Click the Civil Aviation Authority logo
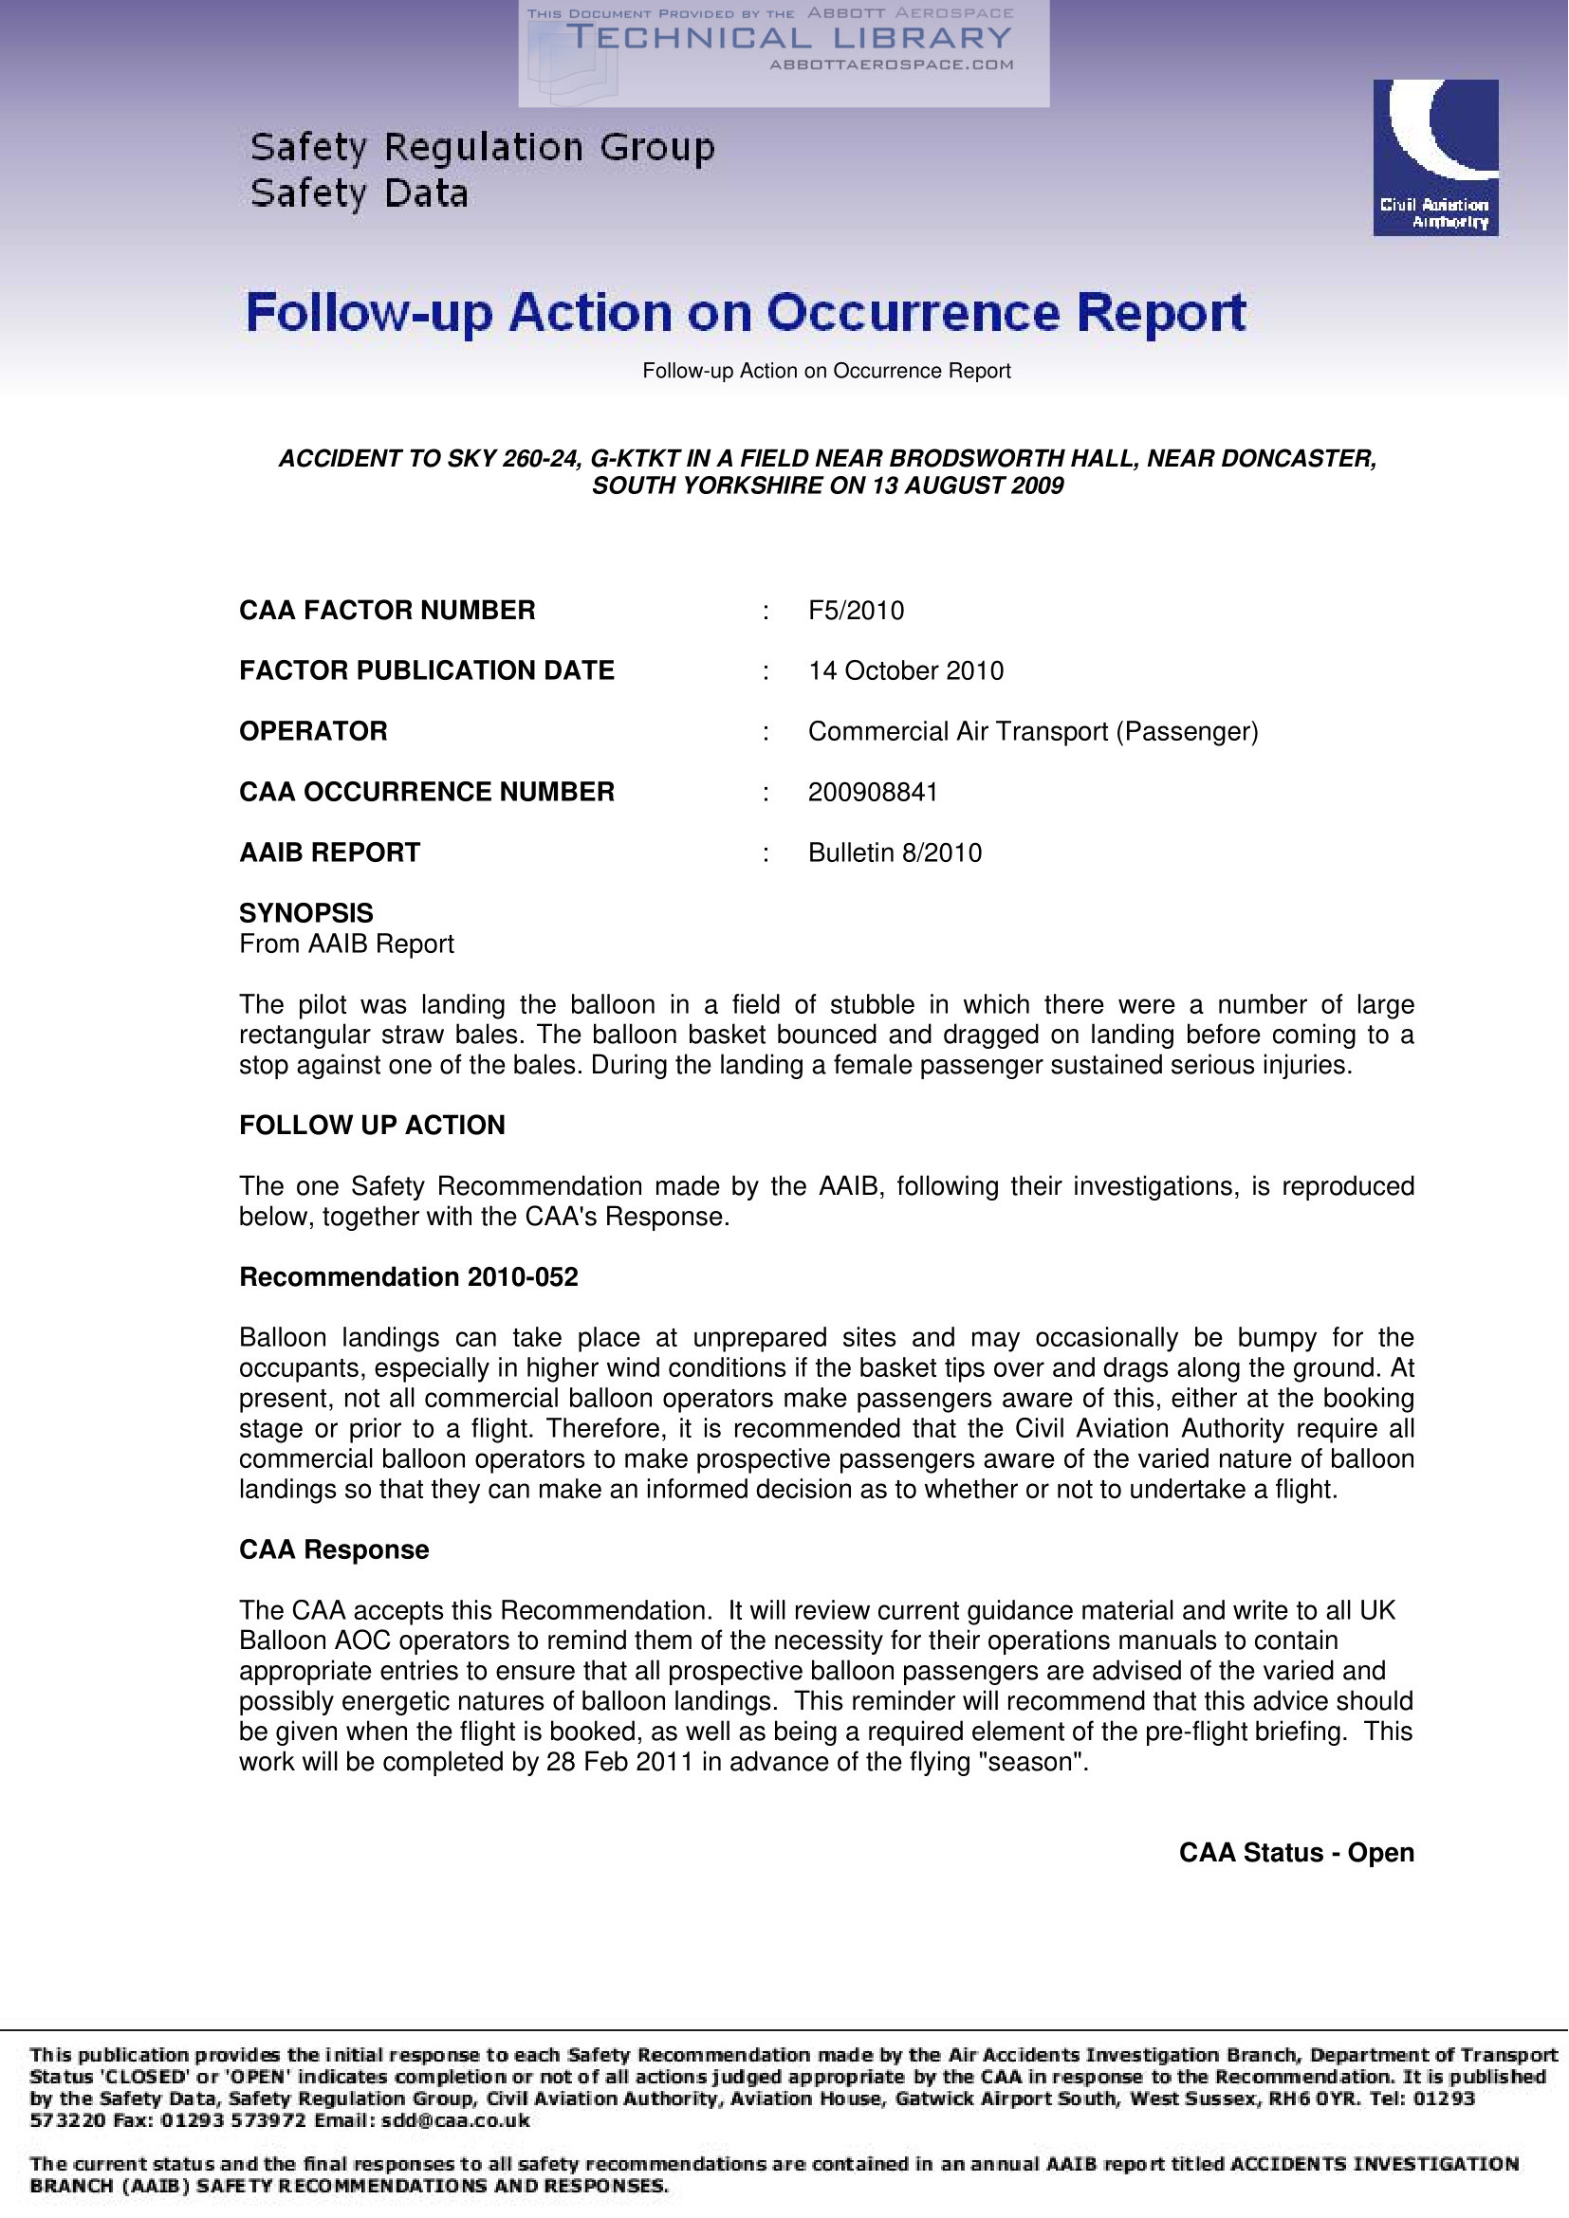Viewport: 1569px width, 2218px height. coord(1434,157)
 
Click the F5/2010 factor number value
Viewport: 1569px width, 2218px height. coord(856,611)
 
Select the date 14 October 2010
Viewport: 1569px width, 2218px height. coord(905,670)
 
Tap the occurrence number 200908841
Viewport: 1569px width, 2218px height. coord(873,792)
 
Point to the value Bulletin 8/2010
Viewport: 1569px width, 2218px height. coord(895,853)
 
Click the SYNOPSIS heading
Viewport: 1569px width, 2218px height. coord(306,913)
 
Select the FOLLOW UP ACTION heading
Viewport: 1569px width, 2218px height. coord(372,1126)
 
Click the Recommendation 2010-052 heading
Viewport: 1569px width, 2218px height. coord(409,1277)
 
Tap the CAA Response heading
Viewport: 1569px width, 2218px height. coord(334,1549)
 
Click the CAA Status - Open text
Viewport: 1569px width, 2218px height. coord(1296,1853)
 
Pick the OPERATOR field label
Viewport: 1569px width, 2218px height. coord(313,731)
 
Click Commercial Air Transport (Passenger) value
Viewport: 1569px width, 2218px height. coord(1033,731)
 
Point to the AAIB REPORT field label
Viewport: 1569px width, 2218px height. coord(329,853)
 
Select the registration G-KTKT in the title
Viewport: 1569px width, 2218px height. coord(635,459)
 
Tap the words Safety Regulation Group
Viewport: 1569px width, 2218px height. coord(482,148)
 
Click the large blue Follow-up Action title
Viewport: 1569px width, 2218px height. coord(746,313)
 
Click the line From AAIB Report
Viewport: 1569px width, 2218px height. coord(347,944)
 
